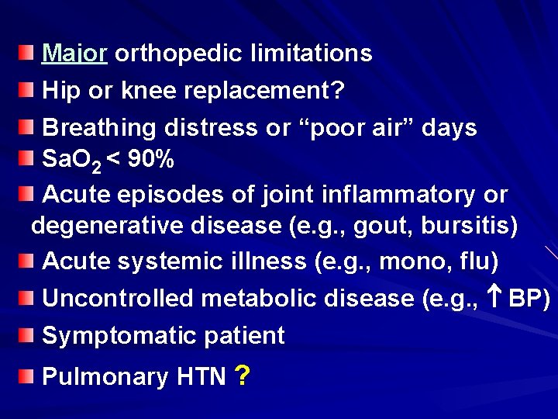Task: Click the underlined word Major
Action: click(x=74, y=54)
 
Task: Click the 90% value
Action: click(x=150, y=160)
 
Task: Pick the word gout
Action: click(x=384, y=226)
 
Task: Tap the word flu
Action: click(x=474, y=261)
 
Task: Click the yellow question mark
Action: click(x=242, y=376)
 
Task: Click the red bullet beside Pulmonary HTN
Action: click(x=26, y=376)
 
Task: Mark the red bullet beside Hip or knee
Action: click(x=26, y=90)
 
